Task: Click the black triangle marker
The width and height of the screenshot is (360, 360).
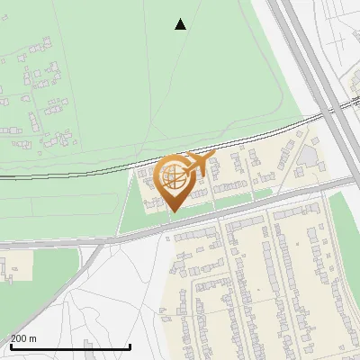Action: click(180, 24)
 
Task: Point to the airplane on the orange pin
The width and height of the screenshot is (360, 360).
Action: click(199, 163)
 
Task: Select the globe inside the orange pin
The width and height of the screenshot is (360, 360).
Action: click(173, 175)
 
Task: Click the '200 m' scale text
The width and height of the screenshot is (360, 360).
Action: click(23, 338)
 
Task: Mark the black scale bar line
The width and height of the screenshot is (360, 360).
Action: click(69, 347)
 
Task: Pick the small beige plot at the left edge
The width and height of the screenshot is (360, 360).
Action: click(16, 265)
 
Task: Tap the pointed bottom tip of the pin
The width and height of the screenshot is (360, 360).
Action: click(174, 211)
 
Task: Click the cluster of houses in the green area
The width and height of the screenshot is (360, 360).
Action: click(36, 99)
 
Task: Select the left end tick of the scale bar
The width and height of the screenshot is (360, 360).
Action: click(9, 346)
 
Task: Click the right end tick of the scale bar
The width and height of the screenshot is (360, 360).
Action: click(130, 346)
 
